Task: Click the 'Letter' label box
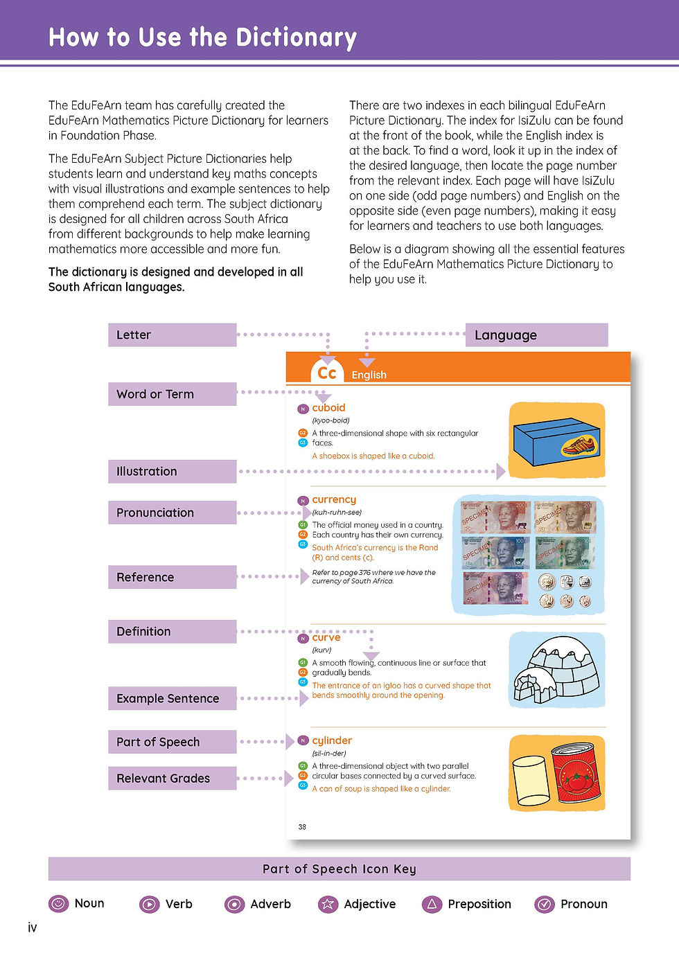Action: (172, 335)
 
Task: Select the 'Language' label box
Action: (536, 335)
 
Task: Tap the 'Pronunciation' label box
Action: (172, 513)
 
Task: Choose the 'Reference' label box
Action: (172, 577)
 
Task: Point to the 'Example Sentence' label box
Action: (172, 698)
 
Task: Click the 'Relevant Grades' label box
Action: (172, 778)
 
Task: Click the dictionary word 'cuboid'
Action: (328, 408)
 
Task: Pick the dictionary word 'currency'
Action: (334, 499)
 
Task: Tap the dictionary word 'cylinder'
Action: (332, 740)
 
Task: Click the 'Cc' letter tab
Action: (327, 373)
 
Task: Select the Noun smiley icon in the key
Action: (59, 903)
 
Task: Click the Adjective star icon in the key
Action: (328, 904)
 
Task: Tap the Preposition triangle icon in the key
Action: (432, 904)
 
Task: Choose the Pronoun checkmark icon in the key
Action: (545, 904)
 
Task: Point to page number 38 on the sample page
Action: (302, 826)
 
